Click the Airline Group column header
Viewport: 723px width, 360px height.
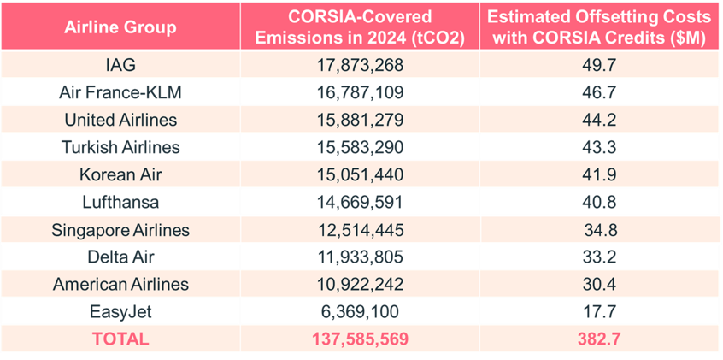point(120,27)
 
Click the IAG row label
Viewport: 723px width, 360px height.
point(120,64)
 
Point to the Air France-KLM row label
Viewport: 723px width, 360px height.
point(120,91)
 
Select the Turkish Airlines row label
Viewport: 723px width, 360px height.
point(120,147)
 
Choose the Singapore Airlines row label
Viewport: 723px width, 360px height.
point(120,229)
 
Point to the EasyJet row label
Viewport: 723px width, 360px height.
point(120,311)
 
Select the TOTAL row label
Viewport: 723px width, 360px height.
point(120,339)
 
